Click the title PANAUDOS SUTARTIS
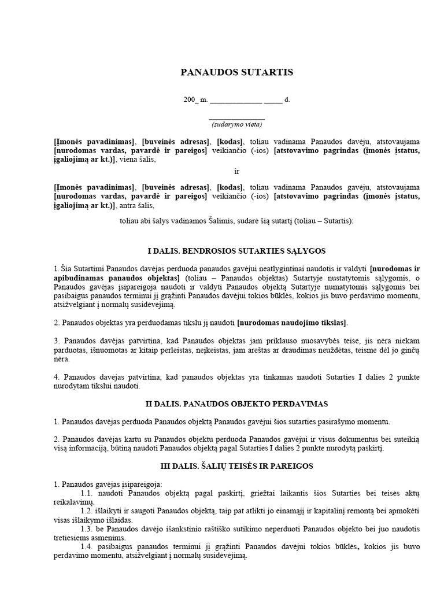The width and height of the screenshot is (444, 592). click(237, 72)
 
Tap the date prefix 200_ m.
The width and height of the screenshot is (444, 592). click(195, 99)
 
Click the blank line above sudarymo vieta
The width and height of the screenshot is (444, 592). click(236, 118)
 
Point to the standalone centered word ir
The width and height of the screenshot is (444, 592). click(236, 172)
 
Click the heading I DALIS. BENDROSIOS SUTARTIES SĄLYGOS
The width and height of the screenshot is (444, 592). click(237, 251)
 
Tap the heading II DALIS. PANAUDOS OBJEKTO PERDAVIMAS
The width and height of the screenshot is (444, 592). click(237, 402)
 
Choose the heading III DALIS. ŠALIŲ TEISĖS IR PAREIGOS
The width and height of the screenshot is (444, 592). click(237, 465)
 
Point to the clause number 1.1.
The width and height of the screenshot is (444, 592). click(87, 493)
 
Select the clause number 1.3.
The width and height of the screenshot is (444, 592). click(87, 530)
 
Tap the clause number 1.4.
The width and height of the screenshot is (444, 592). click(87, 547)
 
